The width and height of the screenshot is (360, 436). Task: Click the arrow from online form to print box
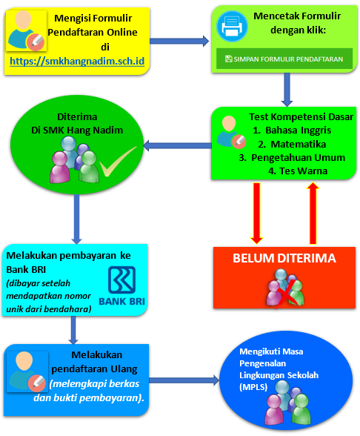[180, 39]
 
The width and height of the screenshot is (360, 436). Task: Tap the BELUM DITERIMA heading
[284, 259]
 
